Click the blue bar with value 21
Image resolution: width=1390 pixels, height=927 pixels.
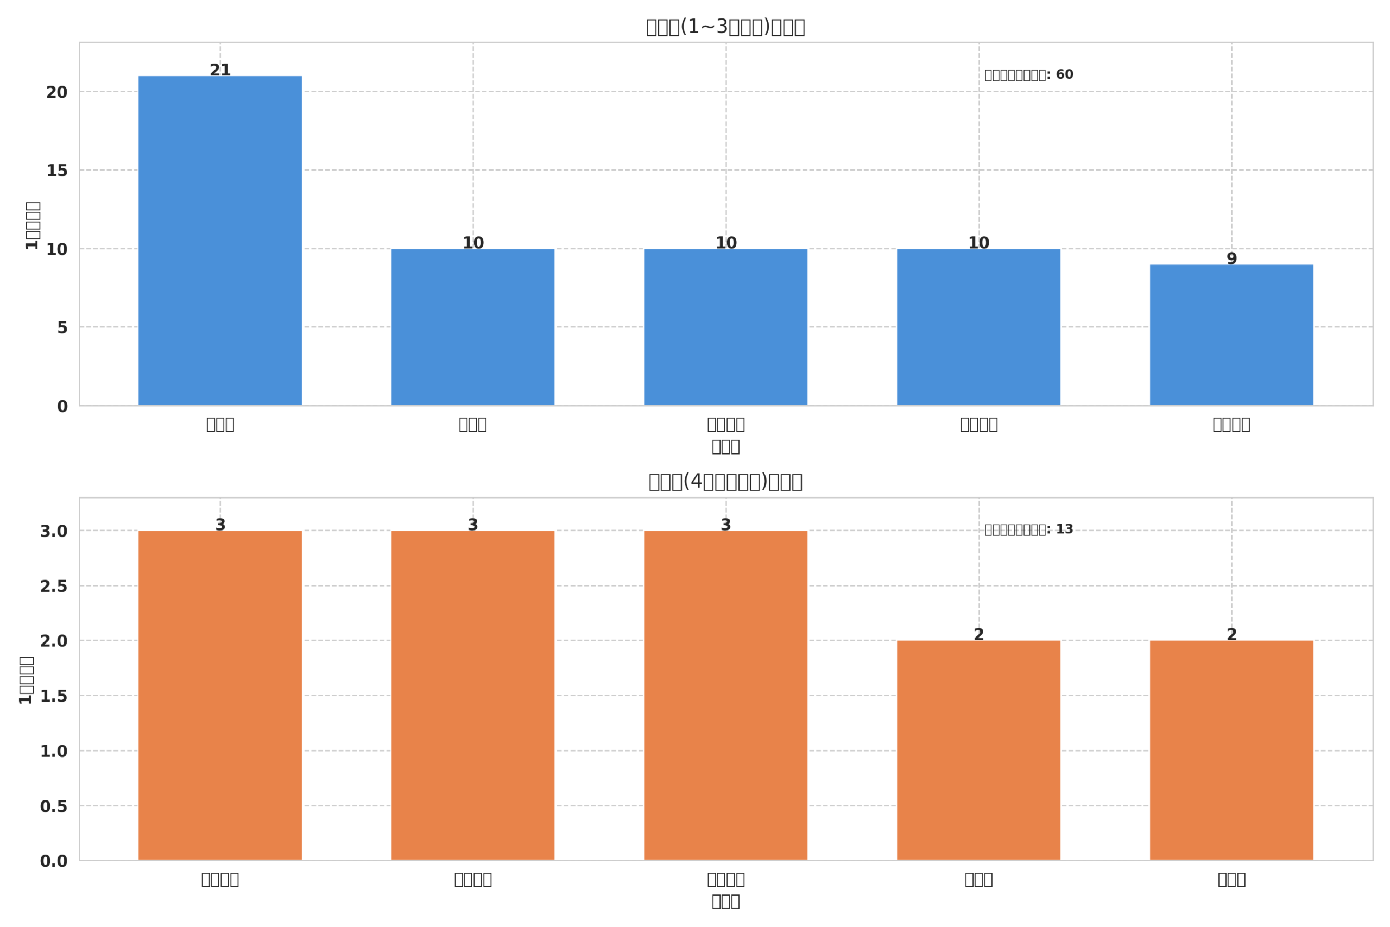(220, 241)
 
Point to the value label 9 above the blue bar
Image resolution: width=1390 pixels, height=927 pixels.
(1231, 258)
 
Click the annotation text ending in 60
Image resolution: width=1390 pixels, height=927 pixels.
(1028, 75)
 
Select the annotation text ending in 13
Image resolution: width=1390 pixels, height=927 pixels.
(1028, 529)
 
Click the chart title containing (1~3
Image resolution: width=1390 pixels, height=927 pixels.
(725, 27)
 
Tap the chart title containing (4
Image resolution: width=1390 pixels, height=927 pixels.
(725, 482)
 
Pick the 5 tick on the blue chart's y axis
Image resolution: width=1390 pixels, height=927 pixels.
(62, 328)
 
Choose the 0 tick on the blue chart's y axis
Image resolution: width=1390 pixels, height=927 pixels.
(62, 407)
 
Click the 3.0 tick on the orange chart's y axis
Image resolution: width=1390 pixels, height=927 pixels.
(53, 532)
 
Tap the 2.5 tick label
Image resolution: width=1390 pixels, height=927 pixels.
(53, 587)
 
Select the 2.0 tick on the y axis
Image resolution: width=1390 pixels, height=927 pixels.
(53, 641)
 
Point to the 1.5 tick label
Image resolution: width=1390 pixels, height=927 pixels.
(53, 696)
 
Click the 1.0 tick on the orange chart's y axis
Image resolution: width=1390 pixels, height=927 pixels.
(53, 752)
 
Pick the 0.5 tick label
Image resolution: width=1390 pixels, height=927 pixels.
(53, 806)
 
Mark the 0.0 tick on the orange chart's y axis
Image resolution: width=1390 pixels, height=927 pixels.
(53, 861)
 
